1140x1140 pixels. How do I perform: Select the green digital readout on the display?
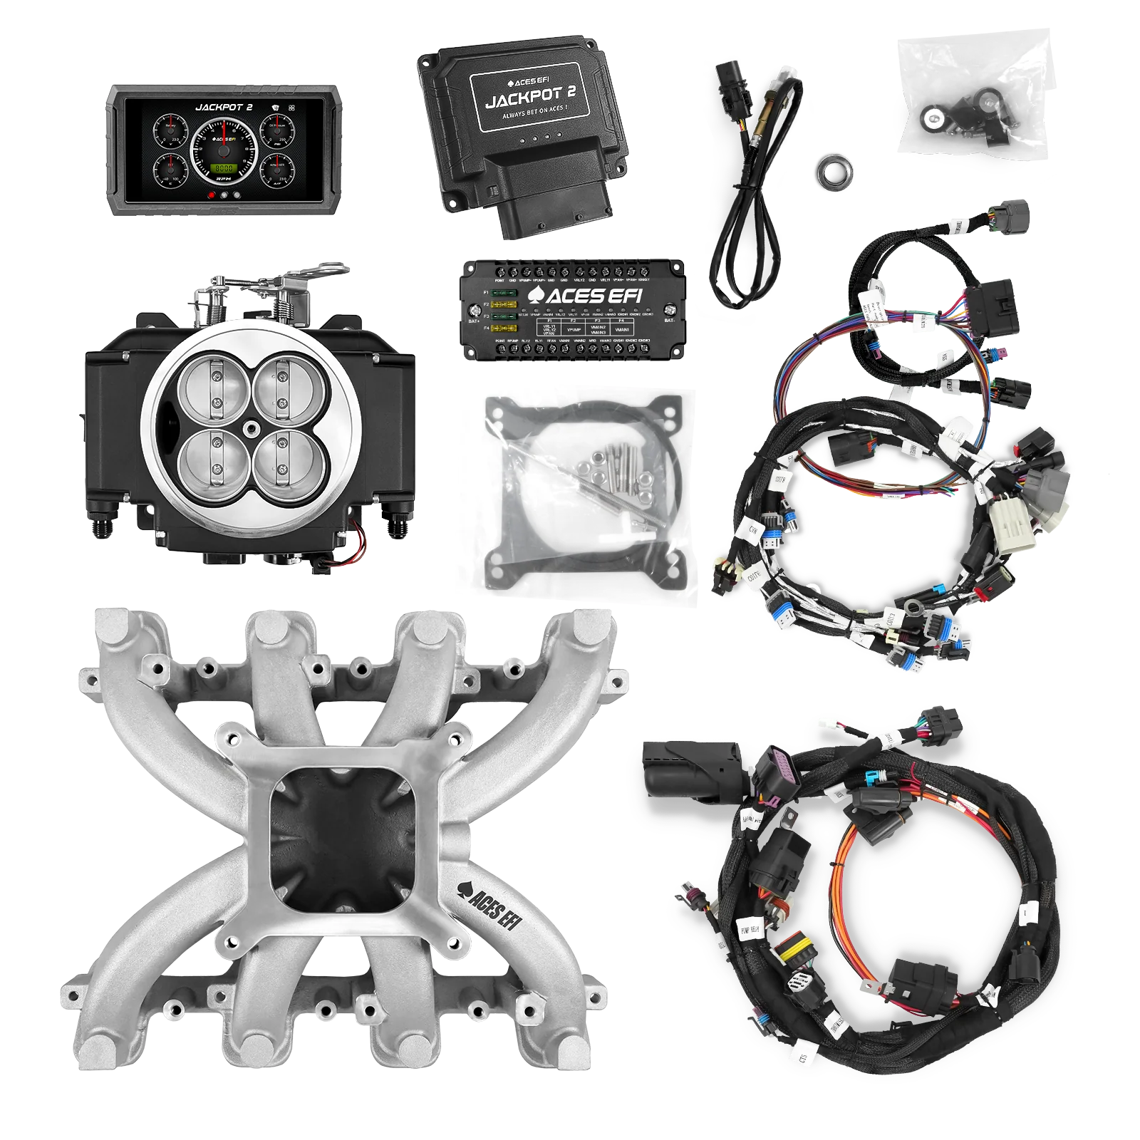click(223, 168)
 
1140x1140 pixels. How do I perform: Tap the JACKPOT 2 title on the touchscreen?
click(224, 108)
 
